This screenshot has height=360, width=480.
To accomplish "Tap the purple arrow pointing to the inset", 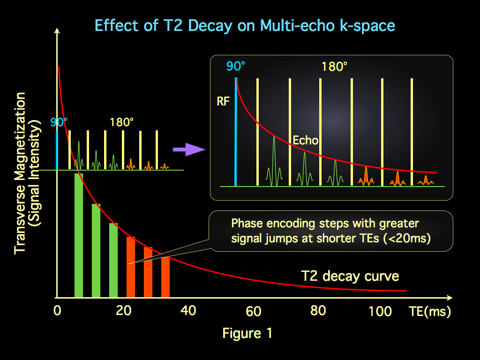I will [x=188, y=150].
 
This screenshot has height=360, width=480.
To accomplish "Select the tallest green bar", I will [x=79, y=234].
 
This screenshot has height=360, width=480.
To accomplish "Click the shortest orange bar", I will [x=165, y=277].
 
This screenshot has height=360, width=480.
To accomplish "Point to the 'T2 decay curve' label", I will [x=350, y=276].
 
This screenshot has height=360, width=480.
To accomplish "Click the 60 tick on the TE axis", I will [x=254, y=311].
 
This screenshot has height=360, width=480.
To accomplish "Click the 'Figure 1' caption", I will [x=247, y=333].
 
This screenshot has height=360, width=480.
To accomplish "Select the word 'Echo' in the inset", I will [x=306, y=140].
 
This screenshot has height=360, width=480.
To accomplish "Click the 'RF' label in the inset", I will [x=224, y=101].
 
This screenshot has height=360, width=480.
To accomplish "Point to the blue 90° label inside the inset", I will [x=235, y=66].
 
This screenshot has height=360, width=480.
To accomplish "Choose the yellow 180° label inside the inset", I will [x=334, y=66].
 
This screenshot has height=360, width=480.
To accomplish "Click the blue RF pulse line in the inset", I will [x=236, y=131].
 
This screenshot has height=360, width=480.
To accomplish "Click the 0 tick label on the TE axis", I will [x=57, y=311].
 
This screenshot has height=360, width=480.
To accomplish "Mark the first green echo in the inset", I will [x=274, y=159].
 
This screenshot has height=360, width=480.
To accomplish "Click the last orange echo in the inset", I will [x=425, y=180].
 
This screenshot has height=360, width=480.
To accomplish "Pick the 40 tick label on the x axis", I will [x=188, y=311].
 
